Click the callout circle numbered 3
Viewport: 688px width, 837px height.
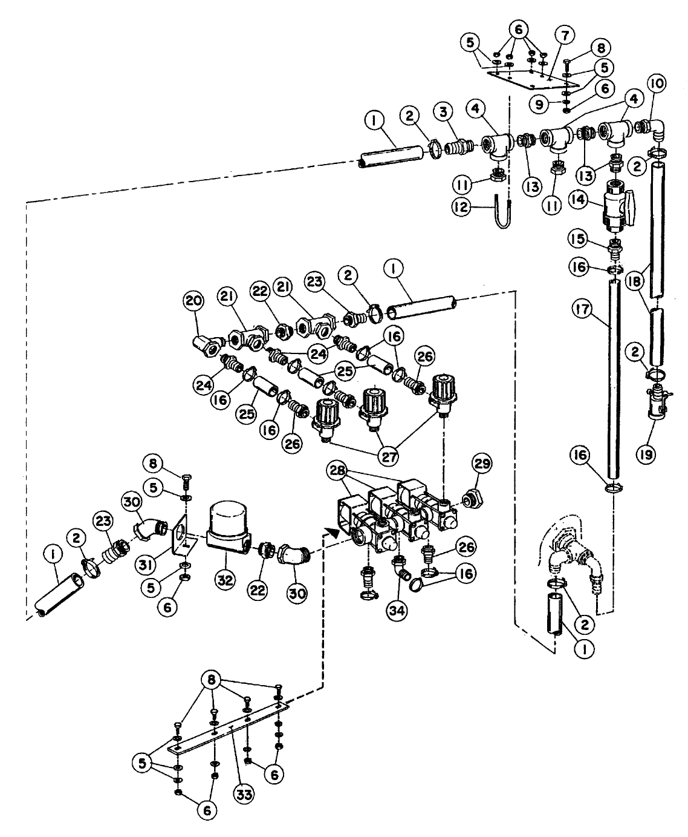tap(445, 112)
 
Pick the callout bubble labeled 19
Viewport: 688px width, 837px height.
tap(646, 455)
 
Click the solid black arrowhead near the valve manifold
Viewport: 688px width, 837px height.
tap(330, 533)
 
